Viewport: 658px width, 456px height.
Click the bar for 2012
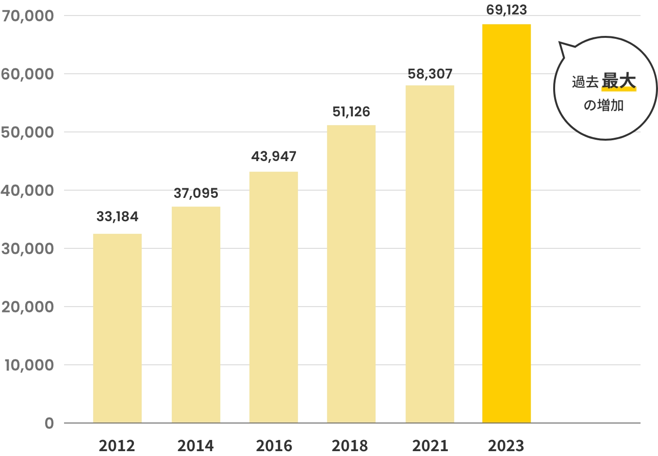117,328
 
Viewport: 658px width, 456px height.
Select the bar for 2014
196,315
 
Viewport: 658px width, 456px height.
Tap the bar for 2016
274,297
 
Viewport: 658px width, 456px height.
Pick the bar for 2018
351,274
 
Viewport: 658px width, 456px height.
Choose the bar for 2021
430,254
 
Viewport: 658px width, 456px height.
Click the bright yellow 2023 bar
507,224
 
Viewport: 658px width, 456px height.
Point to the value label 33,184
117,217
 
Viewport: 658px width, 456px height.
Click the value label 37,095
196,194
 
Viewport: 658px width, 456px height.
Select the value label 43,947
274,157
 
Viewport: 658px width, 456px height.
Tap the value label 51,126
351,112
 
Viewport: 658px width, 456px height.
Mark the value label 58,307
430,74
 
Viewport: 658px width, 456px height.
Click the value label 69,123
507,10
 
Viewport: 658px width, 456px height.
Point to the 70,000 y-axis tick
28,16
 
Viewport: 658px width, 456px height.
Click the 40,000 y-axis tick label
28,191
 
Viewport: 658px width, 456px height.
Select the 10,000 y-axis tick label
29,365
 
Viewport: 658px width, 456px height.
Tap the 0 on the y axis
49,423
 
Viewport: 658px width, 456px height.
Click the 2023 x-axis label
507,445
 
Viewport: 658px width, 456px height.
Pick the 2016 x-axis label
274,445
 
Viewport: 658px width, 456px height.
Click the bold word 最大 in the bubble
619,81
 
